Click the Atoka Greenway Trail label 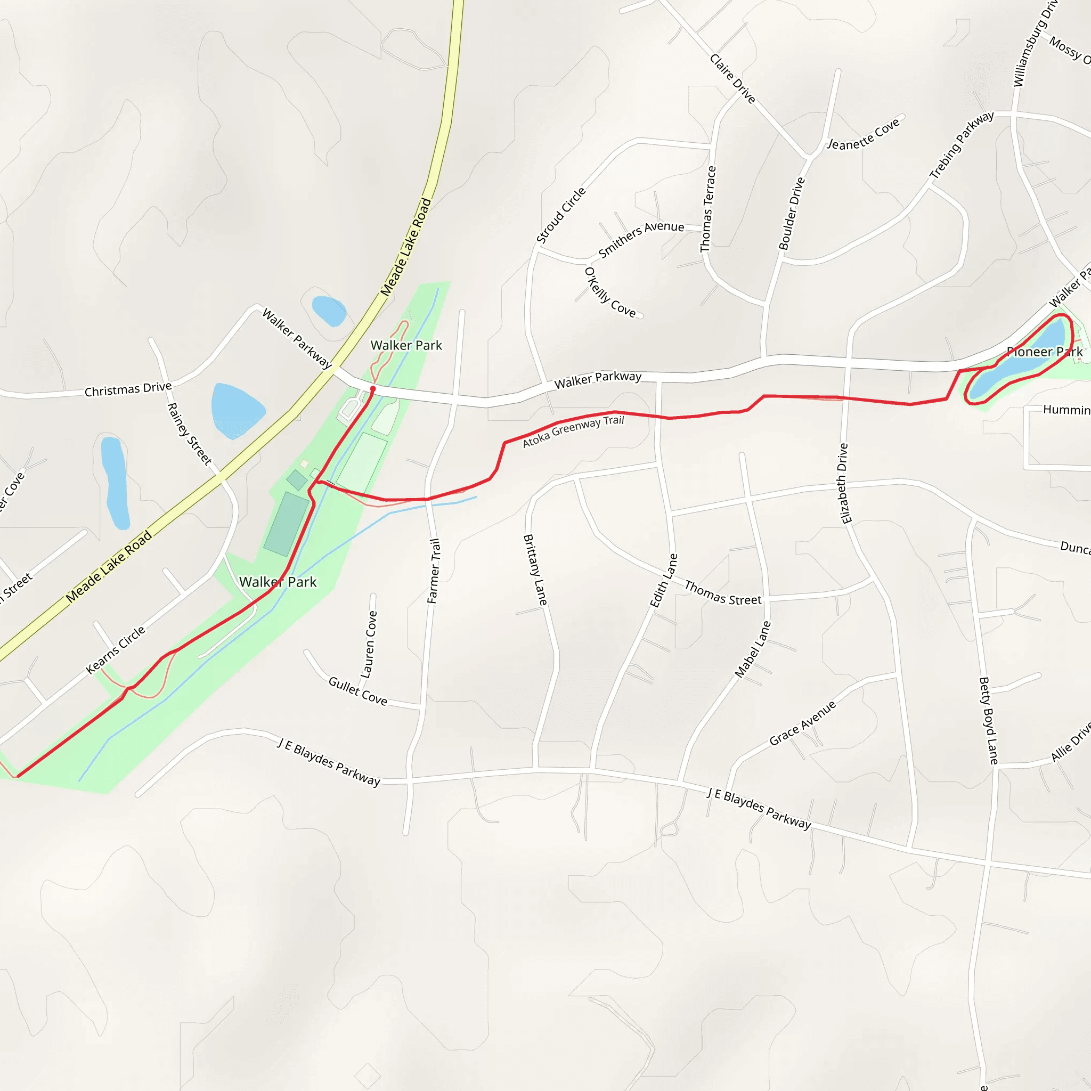coord(573,431)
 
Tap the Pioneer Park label coord(1044,352)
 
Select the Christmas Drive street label coord(128,389)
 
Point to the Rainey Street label coord(189,434)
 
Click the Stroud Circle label coord(561,216)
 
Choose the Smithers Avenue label coord(641,239)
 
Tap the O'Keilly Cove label coord(610,292)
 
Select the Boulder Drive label coord(791,214)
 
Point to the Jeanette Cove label coord(863,135)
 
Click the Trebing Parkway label coord(962,145)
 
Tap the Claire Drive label coord(732,78)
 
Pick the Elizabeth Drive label coord(844,483)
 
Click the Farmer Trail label coord(433,571)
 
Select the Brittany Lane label coord(535,570)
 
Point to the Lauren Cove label coord(369,645)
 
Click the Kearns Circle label coord(116,649)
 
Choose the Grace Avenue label coord(802,723)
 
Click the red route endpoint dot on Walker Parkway coord(373,389)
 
